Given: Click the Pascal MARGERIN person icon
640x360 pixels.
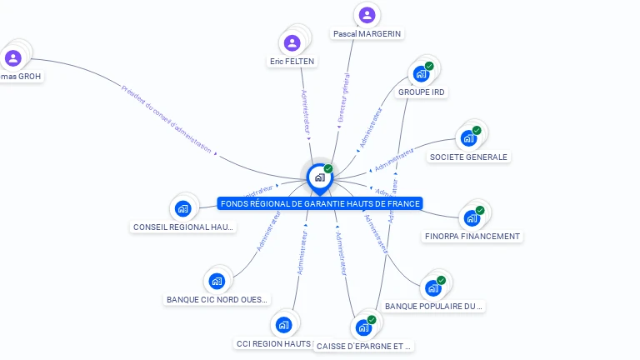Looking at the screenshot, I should [367, 15].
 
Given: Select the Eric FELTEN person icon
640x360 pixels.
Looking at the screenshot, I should [292, 42].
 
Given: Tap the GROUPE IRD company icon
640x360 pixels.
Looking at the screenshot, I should [422, 73].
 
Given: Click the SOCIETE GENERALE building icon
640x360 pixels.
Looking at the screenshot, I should [469, 137].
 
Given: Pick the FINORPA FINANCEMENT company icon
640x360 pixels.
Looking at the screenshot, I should [472, 218].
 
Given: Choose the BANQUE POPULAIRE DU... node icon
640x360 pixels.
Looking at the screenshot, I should [433, 288].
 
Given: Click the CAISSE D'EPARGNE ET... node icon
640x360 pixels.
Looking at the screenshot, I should [364, 327].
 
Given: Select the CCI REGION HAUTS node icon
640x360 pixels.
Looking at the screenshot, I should [283, 324].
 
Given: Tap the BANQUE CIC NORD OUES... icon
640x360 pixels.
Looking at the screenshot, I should [217, 281].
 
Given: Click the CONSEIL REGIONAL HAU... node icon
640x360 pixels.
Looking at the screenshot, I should [183, 207].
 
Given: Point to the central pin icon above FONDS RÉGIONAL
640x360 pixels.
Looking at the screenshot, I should [319, 177].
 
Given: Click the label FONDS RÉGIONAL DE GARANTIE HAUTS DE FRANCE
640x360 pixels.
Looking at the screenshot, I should [320, 203].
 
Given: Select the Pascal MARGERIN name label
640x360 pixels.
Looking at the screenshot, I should [367, 34].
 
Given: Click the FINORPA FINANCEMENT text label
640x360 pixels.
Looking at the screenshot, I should [472, 237].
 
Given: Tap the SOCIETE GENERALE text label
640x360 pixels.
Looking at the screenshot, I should [469, 157].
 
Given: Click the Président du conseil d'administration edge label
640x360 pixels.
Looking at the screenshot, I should [167, 121].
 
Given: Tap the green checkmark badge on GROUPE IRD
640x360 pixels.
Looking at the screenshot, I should [429, 66].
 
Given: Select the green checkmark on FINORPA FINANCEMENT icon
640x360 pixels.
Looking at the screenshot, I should [480, 211].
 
